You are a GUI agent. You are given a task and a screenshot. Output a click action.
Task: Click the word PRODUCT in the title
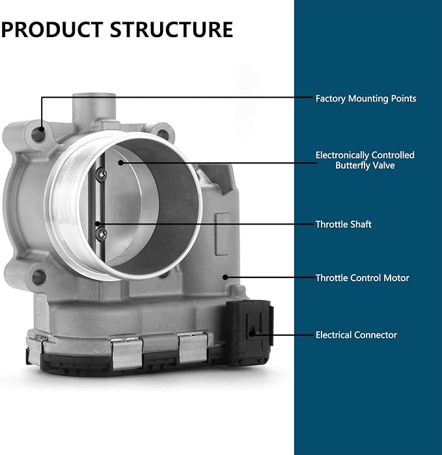pyautogui.click(x=52, y=29)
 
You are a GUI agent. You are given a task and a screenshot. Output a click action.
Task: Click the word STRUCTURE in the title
pyautogui.click(x=171, y=29)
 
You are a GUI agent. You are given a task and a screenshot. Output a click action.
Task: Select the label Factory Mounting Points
pyautogui.click(x=366, y=99)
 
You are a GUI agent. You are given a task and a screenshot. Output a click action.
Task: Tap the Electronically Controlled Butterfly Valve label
pyautogui.click(x=365, y=160)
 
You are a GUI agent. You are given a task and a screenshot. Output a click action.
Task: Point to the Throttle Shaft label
pyautogui.click(x=343, y=225)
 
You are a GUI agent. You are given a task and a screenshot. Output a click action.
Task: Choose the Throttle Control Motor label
pyautogui.click(x=362, y=278)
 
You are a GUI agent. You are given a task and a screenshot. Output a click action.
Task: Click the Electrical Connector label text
pyautogui.click(x=356, y=335)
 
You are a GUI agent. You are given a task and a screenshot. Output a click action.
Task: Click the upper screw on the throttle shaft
pyautogui.click(x=102, y=174)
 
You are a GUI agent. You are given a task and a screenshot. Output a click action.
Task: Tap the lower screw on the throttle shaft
pyautogui.click(x=102, y=234)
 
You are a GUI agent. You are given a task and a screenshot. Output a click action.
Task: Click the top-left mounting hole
pyautogui.click(x=38, y=134)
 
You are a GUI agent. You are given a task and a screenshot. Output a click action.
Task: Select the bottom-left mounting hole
pyautogui.click(x=39, y=277)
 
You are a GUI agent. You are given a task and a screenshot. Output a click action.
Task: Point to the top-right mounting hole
pyautogui.click(x=163, y=133)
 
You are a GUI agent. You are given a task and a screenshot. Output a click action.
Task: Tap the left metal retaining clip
pyautogui.click(x=126, y=353)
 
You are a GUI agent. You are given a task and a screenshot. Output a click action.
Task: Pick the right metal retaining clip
pyautogui.click(x=193, y=348)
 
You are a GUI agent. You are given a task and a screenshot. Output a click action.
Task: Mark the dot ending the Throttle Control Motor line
pyautogui.click(x=225, y=277)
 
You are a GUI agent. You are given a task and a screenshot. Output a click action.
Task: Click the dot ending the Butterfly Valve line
pyautogui.click(x=121, y=163)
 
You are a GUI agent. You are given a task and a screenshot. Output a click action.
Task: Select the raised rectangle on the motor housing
pyautogui.click(x=222, y=234)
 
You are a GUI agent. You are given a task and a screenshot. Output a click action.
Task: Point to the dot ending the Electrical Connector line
pyautogui.click(x=252, y=335)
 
